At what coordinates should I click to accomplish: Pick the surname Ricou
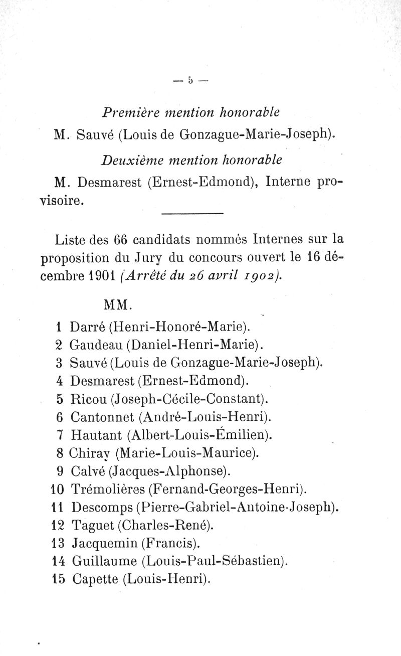click(88, 400)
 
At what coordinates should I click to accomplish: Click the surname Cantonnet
click(102, 417)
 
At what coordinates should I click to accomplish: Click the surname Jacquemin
click(104, 542)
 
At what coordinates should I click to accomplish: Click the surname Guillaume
click(104, 560)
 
